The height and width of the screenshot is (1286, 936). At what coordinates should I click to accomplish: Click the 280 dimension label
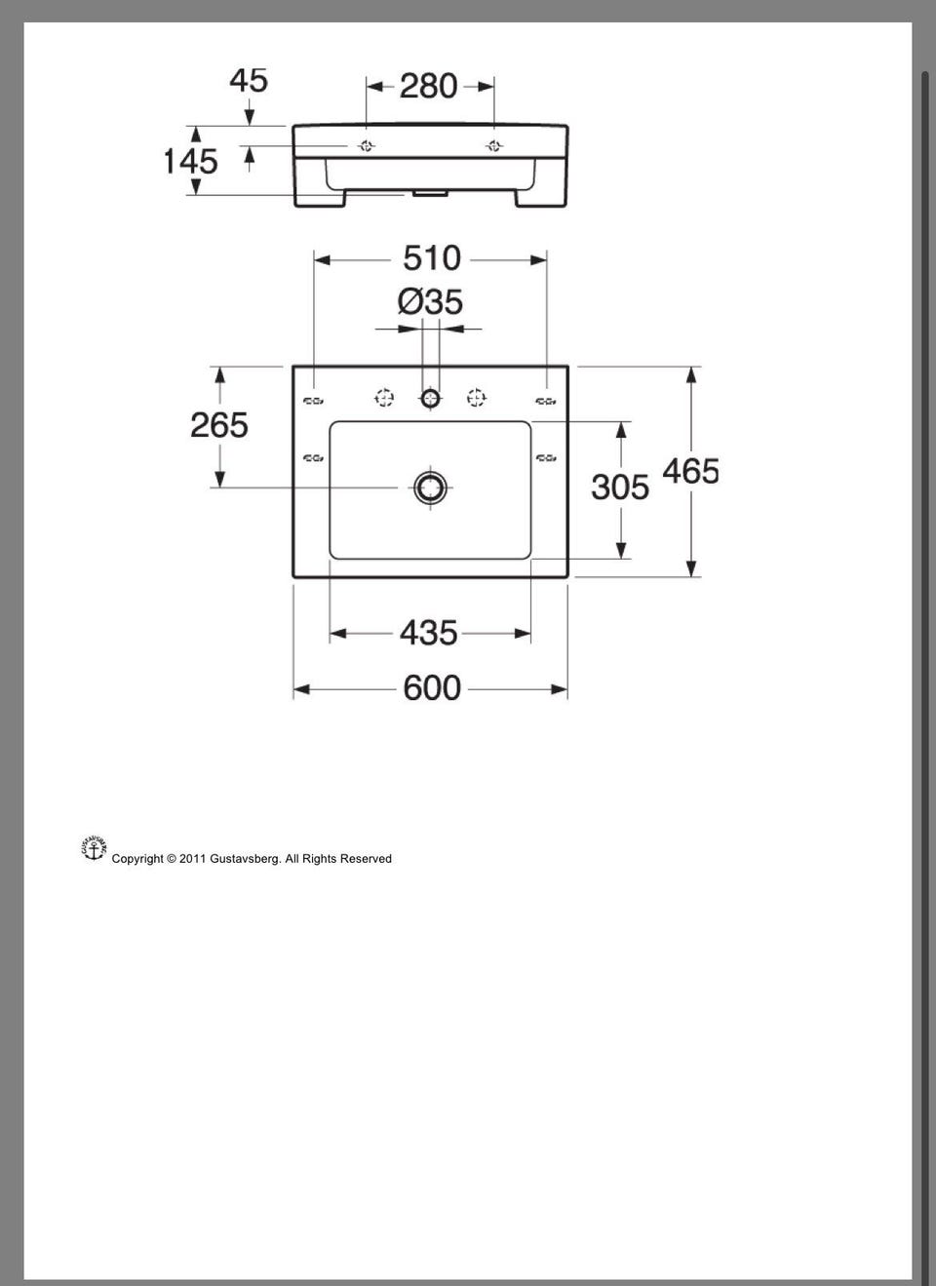point(428,86)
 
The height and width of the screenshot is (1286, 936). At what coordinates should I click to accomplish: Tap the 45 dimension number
point(249,80)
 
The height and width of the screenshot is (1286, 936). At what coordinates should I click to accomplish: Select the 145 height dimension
point(191,161)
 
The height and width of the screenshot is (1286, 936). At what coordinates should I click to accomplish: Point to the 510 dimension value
point(432,258)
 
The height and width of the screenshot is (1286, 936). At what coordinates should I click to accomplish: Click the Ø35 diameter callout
point(430,302)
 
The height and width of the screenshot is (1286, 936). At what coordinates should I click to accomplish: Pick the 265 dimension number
point(219,425)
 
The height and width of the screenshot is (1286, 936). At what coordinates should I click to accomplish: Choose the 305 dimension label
point(620,487)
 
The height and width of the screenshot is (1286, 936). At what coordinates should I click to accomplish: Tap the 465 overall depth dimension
point(691,471)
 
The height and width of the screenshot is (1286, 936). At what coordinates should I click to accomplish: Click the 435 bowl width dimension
point(428,633)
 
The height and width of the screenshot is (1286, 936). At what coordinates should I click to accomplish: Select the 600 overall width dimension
point(432,687)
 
